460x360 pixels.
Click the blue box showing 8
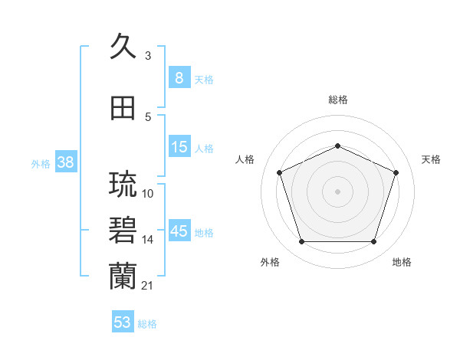pyautogui.click(x=179, y=78)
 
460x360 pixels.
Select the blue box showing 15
pyautogui.click(x=179, y=147)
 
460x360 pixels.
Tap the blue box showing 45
pyautogui.click(x=179, y=231)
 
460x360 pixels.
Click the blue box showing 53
pyautogui.click(x=123, y=322)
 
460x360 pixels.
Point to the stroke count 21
pyautogui.click(x=148, y=286)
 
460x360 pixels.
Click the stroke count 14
pyautogui.click(x=148, y=240)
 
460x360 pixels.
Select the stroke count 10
pyautogui.click(x=148, y=194)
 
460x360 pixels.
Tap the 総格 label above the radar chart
pyautogui.click(x=338, y=100)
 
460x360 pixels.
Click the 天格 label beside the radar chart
pyautogui.click(x=431, y=159)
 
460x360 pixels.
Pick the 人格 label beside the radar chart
pyautogui.click(x=245, y=159)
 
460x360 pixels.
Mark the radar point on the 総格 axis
pyautogui.click(x=338, y=146)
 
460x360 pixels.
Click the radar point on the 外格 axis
pyautogui.click(x=301, y=242)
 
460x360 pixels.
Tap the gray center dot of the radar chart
pyautogui.click(x=338, y=191)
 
